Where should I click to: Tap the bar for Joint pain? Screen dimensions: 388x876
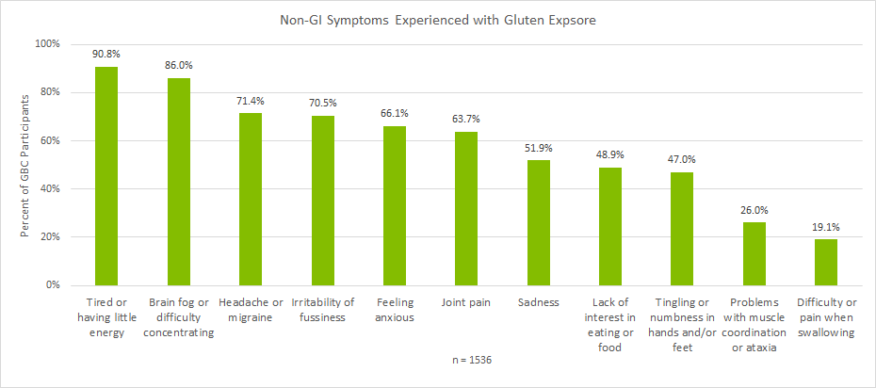(x=466, y=208)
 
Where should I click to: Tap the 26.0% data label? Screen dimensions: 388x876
(x=754, y=211)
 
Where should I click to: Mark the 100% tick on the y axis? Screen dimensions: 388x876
(x=47, y=44)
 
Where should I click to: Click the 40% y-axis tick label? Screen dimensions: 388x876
(x=49, y=188)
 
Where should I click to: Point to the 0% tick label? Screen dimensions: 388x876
(x=52, y=284)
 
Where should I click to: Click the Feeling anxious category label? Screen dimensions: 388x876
(x=395, y=310)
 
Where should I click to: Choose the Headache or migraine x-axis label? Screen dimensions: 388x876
(x=251, y=310)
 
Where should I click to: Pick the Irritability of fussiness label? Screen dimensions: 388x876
(x=322, y=310)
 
